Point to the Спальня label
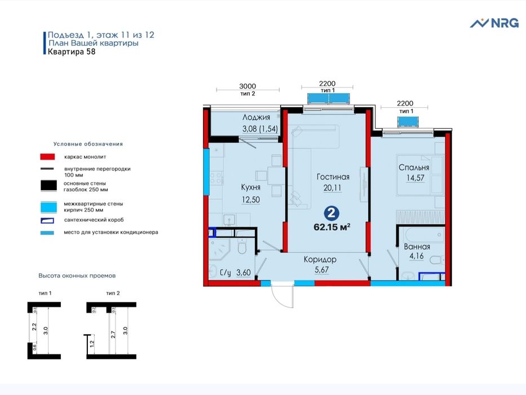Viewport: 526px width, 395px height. point(414,168)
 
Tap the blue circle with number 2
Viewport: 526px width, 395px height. point(332,213)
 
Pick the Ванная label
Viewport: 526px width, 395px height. point(417,247)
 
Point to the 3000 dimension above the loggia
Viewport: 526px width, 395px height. point(247,86)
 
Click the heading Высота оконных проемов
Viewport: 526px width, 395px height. point(77,276)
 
